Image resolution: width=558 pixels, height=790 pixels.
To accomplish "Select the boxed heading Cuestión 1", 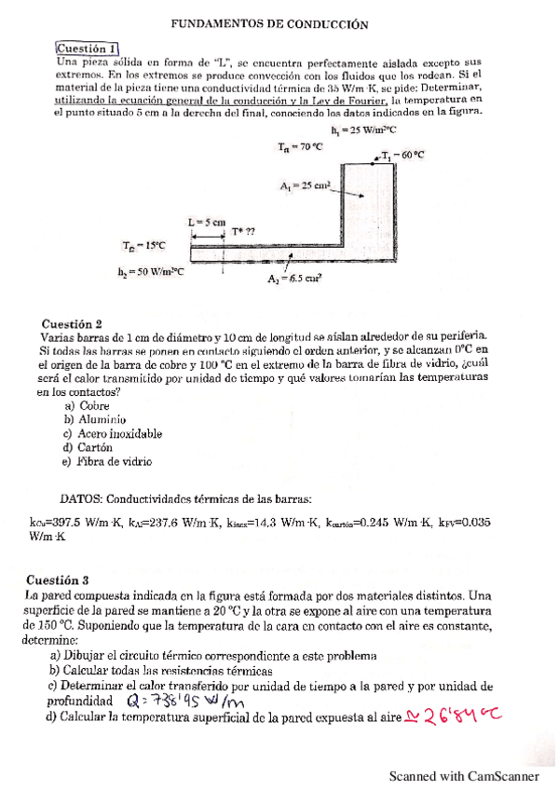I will (87, 48).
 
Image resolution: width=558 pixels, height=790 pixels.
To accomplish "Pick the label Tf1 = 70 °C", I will (300, 146).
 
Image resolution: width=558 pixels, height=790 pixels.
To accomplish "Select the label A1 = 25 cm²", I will (306, 186).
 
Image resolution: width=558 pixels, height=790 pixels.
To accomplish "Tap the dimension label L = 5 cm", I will (207, 222).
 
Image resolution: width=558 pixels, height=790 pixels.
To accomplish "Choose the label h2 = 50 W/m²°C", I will (150, 272).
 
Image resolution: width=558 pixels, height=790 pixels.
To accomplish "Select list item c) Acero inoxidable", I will (112, 433).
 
